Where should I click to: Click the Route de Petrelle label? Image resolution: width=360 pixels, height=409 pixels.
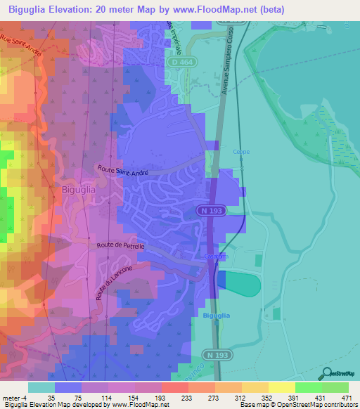(120, 246)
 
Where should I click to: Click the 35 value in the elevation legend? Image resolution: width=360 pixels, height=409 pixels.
(51, 397)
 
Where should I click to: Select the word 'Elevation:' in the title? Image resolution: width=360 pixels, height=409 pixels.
(75, 8)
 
